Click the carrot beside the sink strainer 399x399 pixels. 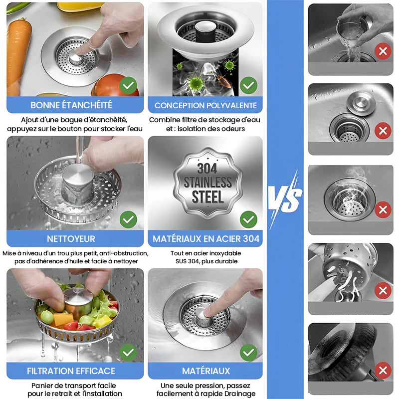click(18, 55)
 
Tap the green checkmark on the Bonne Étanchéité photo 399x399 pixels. click(128, 85)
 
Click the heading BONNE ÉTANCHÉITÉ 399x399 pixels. click(71, 105)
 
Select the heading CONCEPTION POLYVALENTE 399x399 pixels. click(205, 105)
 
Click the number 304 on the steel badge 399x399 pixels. click(207, 169)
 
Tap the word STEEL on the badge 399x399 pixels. click(207, 197)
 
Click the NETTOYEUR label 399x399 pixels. click(71, 239)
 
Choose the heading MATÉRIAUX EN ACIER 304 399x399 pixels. click(206, 239)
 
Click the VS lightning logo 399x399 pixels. click(285, 199)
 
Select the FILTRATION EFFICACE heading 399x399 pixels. click(71, 371)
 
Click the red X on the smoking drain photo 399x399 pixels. click(383, 209)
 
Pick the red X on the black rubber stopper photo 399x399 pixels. click(383, 370)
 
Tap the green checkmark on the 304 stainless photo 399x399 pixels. click(248, 219)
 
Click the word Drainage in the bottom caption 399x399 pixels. click(240, 394)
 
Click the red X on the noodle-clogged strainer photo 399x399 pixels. click(383, 291)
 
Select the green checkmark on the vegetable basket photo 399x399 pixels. click(128, 353)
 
